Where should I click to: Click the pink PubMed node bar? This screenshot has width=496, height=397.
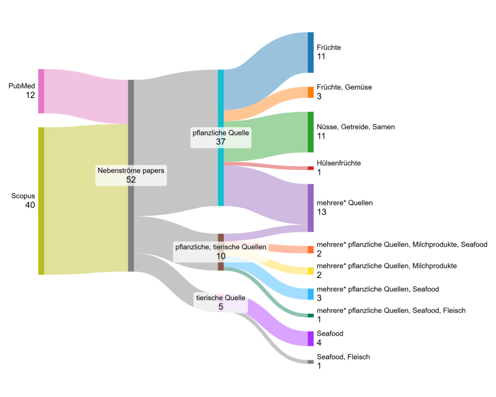(x=41, y=91)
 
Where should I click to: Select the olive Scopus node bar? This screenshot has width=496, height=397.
(x=41, y=201)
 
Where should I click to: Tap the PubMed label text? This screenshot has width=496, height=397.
(x=21, y=86)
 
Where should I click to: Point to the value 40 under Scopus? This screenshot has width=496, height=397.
(x=30, y=205)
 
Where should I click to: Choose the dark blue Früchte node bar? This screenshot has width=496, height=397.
(x=311, y=52)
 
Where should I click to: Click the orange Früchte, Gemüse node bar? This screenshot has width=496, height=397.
(x=311, y=92)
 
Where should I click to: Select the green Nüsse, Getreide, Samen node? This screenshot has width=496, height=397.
(x=311, y=132)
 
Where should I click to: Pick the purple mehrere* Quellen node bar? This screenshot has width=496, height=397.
(x=311, y=208)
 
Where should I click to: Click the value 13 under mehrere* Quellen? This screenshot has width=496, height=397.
(x=321, y=212)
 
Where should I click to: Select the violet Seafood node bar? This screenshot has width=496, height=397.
(x=311, y=338)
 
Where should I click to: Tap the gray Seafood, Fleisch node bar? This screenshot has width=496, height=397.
(x=311, y=362)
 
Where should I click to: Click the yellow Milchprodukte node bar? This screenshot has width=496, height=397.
(x=311, y=271)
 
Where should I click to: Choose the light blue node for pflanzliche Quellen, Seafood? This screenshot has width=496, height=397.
(x=311, y=294)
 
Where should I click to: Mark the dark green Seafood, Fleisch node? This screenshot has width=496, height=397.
(x=311, y=316)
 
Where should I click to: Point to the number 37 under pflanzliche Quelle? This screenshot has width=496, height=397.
(x=221, y=142)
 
